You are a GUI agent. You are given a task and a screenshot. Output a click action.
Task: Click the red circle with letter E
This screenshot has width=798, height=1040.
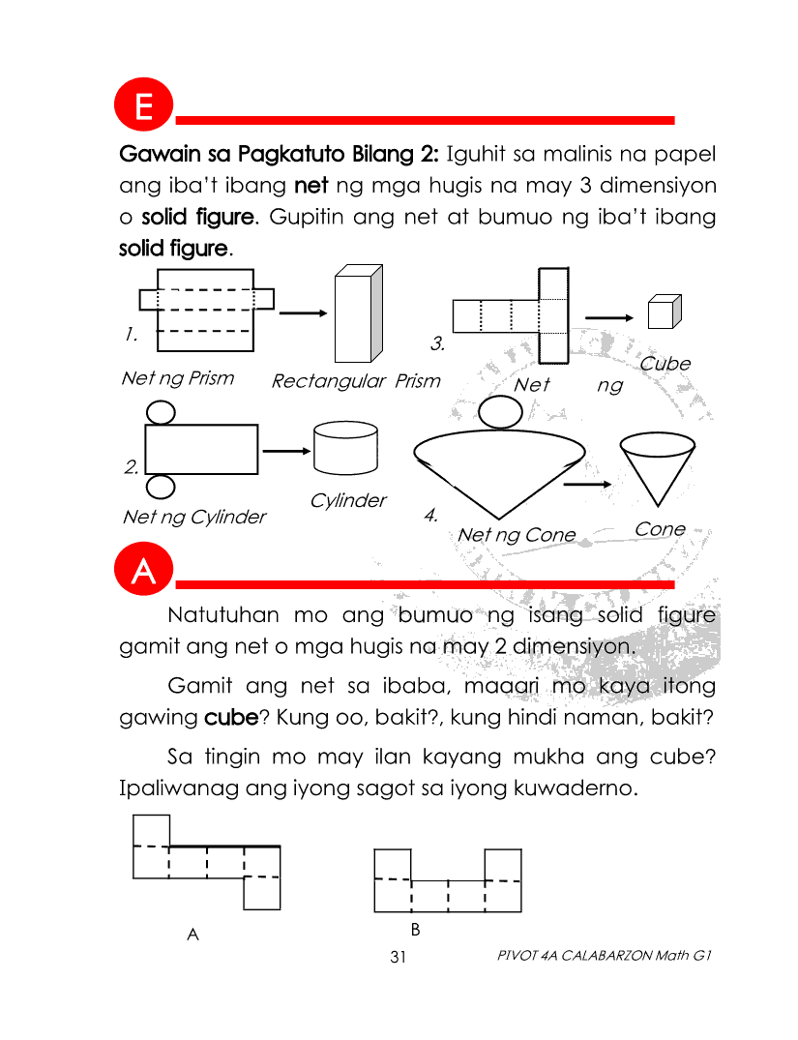(x=143, y=106)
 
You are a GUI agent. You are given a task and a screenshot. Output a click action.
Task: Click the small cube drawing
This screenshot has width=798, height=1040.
(x=661, y=313)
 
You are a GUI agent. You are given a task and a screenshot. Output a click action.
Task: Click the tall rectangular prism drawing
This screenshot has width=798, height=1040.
(x=353, y=315)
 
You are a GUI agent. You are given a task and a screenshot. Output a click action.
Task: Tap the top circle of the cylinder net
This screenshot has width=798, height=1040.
(x=161, y=412)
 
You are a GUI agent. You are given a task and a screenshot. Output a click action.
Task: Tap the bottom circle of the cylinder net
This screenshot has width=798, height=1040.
(x=161, y=487)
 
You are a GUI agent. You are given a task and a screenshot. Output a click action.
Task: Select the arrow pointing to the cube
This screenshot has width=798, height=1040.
(x=609, y=318)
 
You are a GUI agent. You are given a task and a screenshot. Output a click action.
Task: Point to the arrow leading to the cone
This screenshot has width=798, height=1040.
(x=587, y=484)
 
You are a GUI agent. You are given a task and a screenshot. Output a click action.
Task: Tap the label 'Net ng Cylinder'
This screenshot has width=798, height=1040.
(x=193, y=517)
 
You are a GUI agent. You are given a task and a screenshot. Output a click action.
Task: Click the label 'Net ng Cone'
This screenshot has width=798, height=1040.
(x=516, y=535)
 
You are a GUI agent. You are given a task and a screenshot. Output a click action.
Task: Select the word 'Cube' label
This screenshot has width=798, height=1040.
(x=665, y=364)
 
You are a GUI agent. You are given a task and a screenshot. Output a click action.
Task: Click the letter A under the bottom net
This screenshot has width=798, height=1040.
(x=192, y=935)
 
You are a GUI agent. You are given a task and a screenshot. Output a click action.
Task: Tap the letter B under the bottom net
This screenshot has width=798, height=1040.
(x=415, y=930)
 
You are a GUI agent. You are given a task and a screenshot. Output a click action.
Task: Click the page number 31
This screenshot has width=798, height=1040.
(x=398, y=957)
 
